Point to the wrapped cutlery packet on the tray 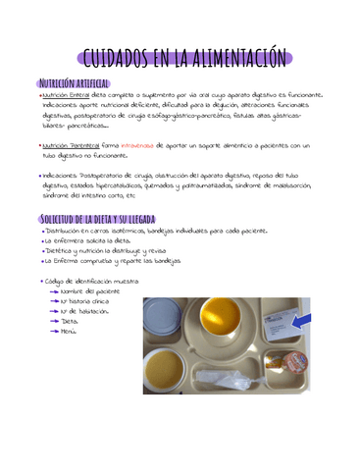227,376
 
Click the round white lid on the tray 163,317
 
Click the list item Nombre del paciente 89,291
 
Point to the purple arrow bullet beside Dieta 52,321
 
